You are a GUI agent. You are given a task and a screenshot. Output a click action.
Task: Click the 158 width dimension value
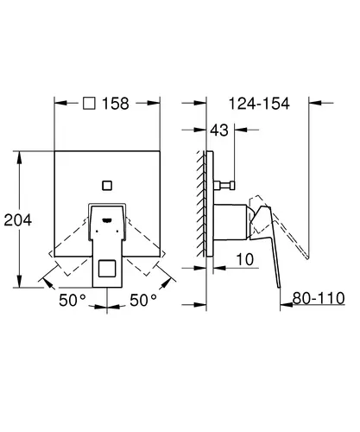pyautogui.click(x=116, y=104)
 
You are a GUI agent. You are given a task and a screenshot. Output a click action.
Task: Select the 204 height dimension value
pyautogui.click(x=18, y=220)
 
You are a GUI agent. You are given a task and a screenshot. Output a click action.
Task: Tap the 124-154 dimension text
pyautogui.click(x=259, y=104)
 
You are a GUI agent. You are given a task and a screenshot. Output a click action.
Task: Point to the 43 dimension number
pyautogui.click(x=219, y=130)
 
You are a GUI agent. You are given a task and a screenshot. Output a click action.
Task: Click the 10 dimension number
pyautogui.click(x=245, y=259)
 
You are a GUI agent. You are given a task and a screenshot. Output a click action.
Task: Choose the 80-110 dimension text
pyautogui.click(x=319, y=298)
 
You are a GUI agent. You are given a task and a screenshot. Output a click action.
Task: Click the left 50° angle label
pyautogui.click(x=73, y=300)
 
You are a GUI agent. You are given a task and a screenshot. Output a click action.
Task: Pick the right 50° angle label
pyautogui.click(x=143, y=300)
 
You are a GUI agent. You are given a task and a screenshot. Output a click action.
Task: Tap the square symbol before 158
pyautogui.click(x=89, y=103)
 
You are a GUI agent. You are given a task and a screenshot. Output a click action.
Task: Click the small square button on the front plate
pyautogui.click(x=107, y=186)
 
